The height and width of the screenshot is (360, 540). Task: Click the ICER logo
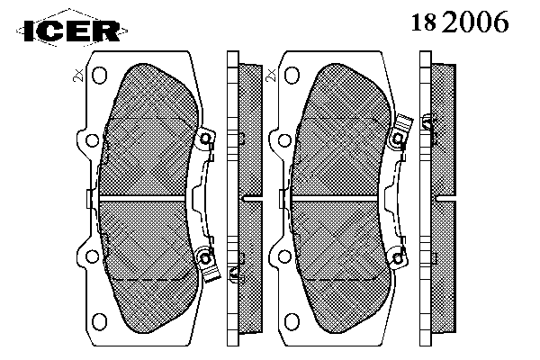[x=72, y=31]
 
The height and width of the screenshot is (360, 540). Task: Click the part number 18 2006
[x=460, y=22]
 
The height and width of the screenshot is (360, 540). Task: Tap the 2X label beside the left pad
[x=78, y=75]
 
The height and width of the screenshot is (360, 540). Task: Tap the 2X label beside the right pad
[x=272, y=75]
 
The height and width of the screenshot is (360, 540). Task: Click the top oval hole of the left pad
[x=100, y=75]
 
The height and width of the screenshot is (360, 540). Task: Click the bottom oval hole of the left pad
[x=100, y=321]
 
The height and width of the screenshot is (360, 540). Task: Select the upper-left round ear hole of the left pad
[x=92, y=140]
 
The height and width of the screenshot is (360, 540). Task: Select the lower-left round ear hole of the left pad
[x=92, y=256]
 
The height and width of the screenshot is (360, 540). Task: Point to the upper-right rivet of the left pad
[x=205, y=139]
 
